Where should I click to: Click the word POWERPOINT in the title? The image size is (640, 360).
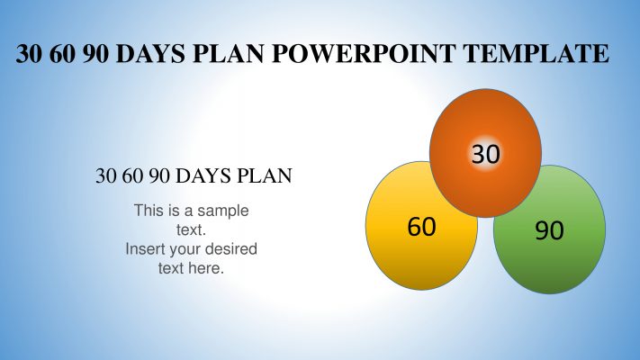pyautogui.click(x=363, y=53)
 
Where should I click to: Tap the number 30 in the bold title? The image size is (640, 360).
pyautogui.click(x=29, y=53)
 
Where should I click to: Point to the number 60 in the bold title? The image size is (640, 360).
pyautogui.click(x=62, y=53)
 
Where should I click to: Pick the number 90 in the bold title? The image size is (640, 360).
pyautogui.click(x=95, y=53)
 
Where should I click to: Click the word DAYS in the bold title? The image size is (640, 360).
pyautogui.click(x=150, y=53)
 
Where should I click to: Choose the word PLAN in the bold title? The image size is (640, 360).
pyautogui.click(x=228, y=53)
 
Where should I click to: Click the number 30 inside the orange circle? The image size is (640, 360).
pyautogui.click(x=486, y=154)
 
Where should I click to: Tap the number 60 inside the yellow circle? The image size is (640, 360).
pyautogui.click(x=421, y=227)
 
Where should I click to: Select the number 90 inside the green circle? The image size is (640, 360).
pyautogui.click(x=549, y=230)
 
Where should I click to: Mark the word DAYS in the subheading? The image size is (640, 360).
pyautogui.click(x=203, y=175)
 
